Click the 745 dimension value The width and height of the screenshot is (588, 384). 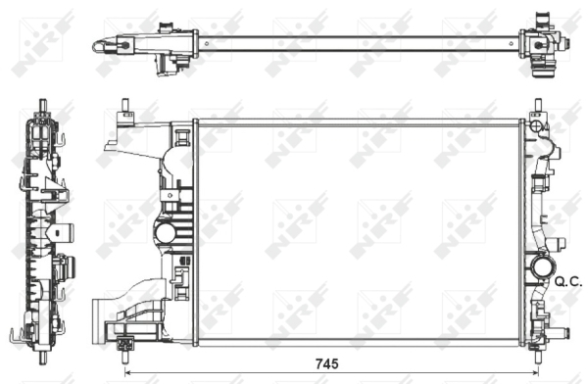pyautogui.click(x=327, y=363)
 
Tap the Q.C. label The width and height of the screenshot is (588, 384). pyautogui.click(x=568, y=281)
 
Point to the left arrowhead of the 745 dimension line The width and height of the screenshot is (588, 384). pyautogui.click(x=127, y=372)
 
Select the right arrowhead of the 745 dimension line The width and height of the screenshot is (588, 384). pyautogui.click(x=535, y=372)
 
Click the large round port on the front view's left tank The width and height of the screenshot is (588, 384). pyautogui.click(x=165, y=232)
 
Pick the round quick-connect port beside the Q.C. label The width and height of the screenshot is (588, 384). pyautogui.click(x=542, y=266)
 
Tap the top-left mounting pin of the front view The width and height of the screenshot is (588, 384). pyautogui.click(x=124, y=105)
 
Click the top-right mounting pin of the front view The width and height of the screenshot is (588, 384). pyautogui.click(x=538, y=105)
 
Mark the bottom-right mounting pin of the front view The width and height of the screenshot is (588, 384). pyautogui.click(x=538, y=356)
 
